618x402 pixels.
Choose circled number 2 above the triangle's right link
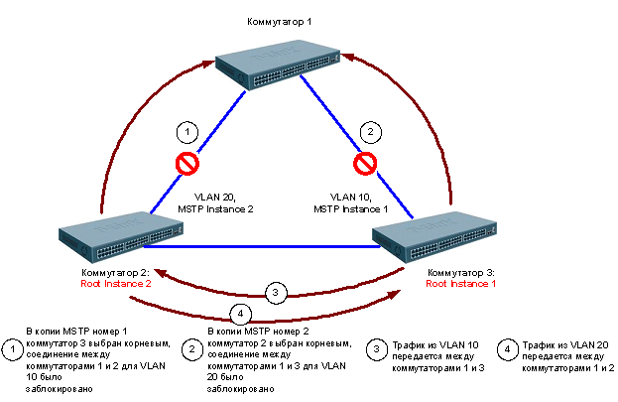[369, 131]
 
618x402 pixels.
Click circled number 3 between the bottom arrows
[278, 293]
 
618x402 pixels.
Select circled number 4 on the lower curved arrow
[237, 314]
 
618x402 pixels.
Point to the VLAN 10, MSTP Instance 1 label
[351, 203]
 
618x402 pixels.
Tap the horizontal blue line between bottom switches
[278, 244]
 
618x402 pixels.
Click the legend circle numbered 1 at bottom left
[12, 349]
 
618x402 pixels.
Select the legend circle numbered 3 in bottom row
[376, 349]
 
